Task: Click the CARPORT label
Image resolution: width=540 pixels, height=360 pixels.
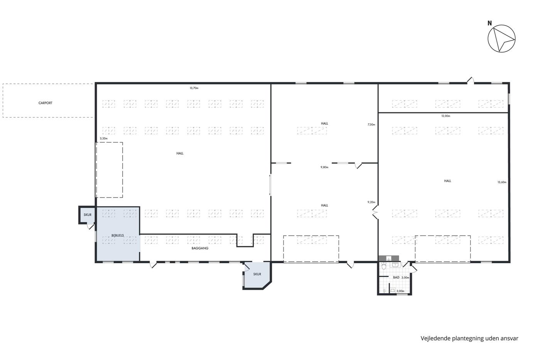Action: tap(46, 103)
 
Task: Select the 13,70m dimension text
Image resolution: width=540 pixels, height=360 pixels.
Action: tap(194, 88)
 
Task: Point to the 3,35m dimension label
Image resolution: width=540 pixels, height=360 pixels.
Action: tap(104, 139)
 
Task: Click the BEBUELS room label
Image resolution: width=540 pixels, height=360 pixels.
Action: tap(118, 235)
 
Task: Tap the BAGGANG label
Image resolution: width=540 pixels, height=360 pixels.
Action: tap(200, 248)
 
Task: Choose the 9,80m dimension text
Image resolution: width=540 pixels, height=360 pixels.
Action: tap(324, 167)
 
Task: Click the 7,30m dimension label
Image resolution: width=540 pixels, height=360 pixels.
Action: tap(371, 125)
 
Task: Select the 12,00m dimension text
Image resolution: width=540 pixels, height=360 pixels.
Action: tap(446, 116)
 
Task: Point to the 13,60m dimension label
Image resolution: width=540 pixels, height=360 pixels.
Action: tap(502, 182)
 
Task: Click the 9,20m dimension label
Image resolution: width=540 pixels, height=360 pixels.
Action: tap(371, 202)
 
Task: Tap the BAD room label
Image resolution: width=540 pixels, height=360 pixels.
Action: tap(396, 277)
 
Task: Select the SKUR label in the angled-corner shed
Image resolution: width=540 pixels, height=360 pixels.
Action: tap(257, 274)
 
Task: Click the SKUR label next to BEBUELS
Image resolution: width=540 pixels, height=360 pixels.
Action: tap(88, 215)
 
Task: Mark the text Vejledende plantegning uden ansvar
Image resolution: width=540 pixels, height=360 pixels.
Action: tap(469, 338)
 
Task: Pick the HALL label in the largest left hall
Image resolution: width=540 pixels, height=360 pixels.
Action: tap(180, 153)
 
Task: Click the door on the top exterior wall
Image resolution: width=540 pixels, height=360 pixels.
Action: tap(470, 81)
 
